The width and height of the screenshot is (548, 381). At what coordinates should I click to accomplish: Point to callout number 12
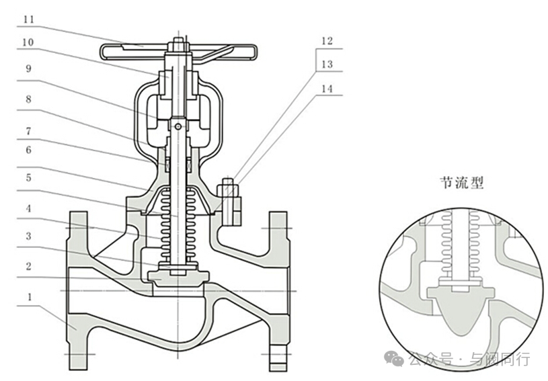[327, 41]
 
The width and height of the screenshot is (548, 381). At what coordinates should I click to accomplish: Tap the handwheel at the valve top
[179, 52]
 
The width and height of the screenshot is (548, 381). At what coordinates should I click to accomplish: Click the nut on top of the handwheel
[179, 44]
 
